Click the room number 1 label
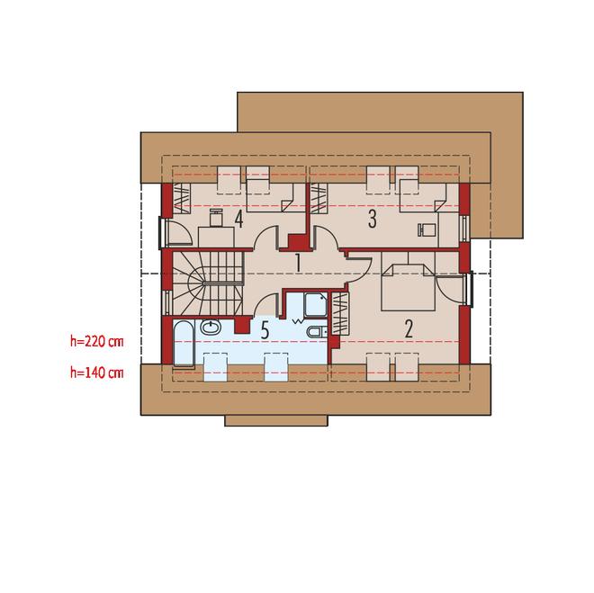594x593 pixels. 298,263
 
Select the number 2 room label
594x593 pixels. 409,328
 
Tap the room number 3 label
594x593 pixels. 373,219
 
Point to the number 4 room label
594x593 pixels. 238,219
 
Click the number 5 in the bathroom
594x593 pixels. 265,330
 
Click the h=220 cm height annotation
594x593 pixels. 97,341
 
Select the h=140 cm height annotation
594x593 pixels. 97,373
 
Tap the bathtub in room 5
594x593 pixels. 184,344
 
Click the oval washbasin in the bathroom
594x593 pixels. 211,328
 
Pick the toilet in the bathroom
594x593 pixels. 318,332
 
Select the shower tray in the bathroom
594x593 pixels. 315,304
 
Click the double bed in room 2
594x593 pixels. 408,287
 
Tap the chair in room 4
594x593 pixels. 216,218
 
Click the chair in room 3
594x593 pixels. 427,229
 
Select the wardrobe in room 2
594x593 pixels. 340,313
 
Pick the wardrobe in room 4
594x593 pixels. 182,199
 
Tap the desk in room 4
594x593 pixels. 216,238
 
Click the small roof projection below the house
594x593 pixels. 276,421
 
